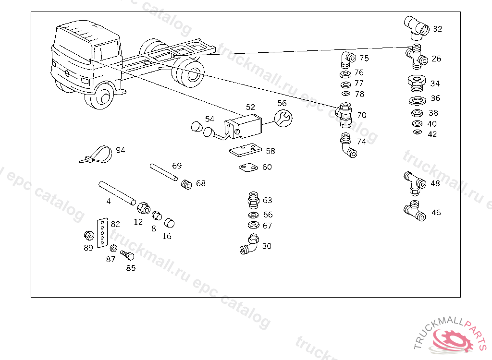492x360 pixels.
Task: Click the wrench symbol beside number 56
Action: [x=283, y=118]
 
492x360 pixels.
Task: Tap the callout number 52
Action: [x=250, y=107]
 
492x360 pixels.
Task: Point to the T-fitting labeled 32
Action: [x=417, y=28]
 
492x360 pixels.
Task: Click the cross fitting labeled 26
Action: [x=417, y=57]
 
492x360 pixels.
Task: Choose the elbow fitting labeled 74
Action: [x=348, y=146]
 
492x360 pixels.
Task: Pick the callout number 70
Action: [x=362, y=115]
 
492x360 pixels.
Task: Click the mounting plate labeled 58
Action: [x=246, y=150]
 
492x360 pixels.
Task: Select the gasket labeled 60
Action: [x=248, y=168]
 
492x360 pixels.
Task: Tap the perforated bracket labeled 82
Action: [x=102, y=233]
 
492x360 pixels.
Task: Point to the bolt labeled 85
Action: [x=128, y=255]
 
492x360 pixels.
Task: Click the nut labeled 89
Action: [x=89, y=235]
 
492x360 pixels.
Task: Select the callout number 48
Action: [x=435, y=183]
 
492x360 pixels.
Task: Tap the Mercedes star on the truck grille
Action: [x=67, y=73]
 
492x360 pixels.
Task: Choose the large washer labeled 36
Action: [x=418, y=101]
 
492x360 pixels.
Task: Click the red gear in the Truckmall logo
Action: [x=452, y=340]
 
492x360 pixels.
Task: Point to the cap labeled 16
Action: [x=170, y=223]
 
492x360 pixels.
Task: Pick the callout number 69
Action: [x=177, y=166]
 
